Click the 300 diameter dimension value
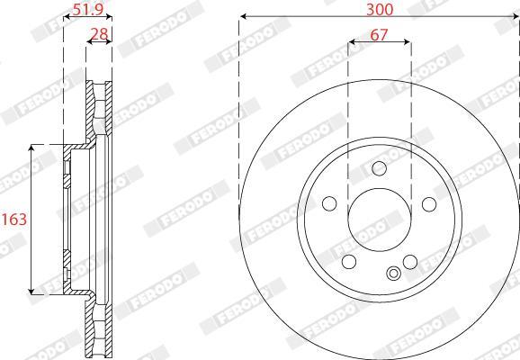click(x=380, y=9)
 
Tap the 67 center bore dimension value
click(x=379, y=34)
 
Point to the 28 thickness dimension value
click(x=100, y=34)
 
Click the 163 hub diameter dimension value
click(x=13, y=219)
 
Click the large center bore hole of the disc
click(x=380, y=220)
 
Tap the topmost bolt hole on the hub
click(x=379, y=168)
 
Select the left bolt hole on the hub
click(x=329, y=203)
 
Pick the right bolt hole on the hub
click(x=429, y=204)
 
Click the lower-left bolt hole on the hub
click(x=349, y=262)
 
